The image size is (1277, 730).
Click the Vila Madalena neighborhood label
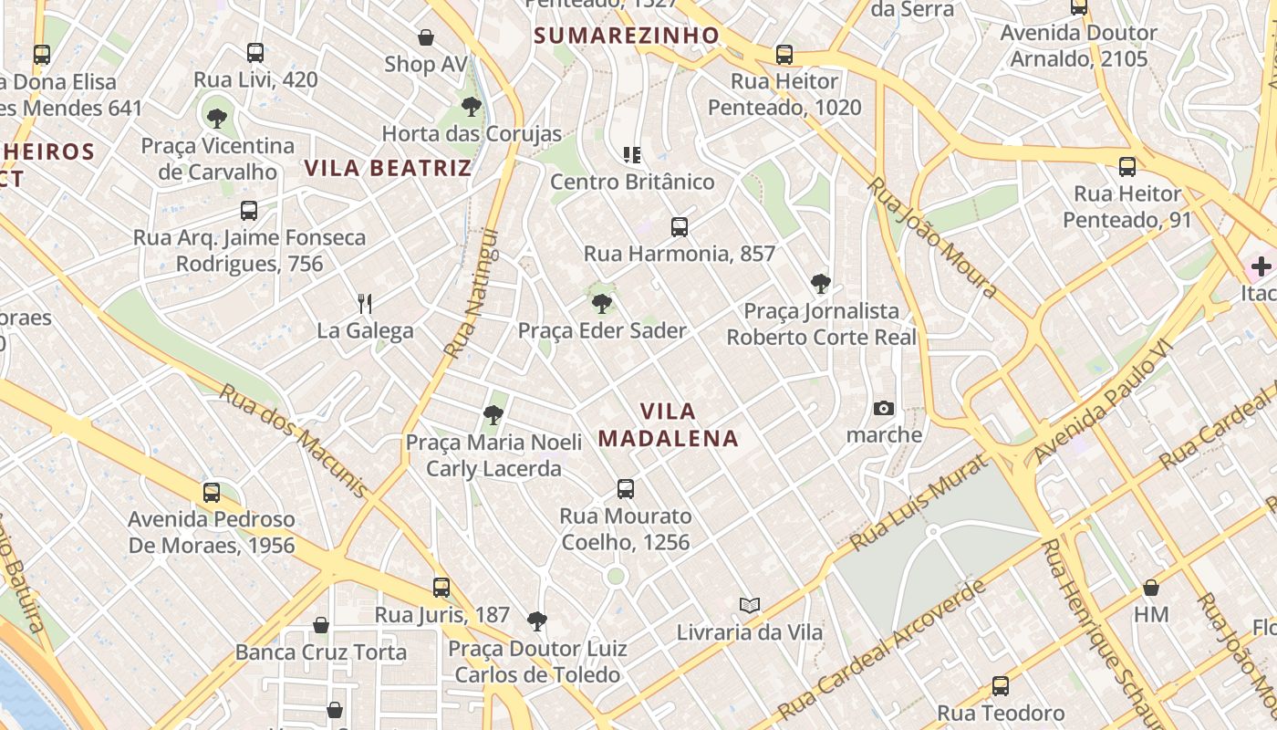(668, 424)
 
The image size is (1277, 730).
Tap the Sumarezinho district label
(626, 36)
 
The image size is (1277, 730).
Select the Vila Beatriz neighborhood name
(388, 168)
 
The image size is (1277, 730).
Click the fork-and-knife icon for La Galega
(365, 303)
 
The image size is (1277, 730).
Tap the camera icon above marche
(883, 408)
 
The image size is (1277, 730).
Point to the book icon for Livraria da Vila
(749, 605)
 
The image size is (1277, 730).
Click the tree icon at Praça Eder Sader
(601, 303)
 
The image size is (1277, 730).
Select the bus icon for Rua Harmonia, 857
(679, 226)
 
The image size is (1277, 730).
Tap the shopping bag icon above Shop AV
(425, 37)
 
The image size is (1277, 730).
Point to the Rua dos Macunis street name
(294, 440)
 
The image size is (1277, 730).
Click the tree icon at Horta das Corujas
(471, 107)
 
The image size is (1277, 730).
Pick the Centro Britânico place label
(632, 182)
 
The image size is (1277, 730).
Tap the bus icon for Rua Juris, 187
(441, 587)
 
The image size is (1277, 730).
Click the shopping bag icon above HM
(1150, 587)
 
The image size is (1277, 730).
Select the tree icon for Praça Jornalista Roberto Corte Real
(820, 284)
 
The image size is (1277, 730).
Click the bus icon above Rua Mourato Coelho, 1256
(625, 488)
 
